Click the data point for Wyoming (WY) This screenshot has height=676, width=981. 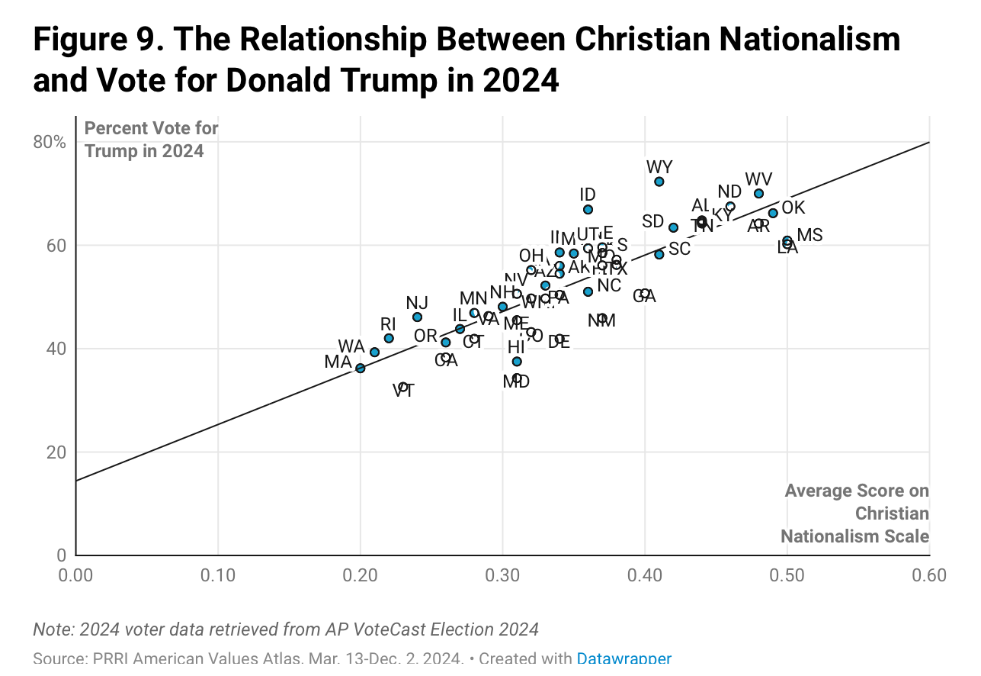tap(659, 182)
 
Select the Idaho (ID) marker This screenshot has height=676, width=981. tap(588, 209)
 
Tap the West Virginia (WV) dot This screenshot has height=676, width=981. tap(758, 194)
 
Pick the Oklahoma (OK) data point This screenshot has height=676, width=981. tap(773, 213)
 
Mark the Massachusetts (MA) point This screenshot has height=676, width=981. tap(360, 369)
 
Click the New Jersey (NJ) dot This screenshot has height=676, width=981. tap(417, 317)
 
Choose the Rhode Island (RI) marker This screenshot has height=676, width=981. tap(389, 338)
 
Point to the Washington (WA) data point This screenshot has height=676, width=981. tap(374, 352)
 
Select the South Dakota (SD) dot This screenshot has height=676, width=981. tap(673, 227)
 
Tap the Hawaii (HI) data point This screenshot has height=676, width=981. tap(517, 362)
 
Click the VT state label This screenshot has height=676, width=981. tap(403, 391)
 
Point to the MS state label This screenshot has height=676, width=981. tap(809, 235)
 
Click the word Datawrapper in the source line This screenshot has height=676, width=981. tap(624, 658)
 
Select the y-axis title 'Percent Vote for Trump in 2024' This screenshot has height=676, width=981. tap(151, 140)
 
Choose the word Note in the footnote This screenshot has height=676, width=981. tap(48, 629)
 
